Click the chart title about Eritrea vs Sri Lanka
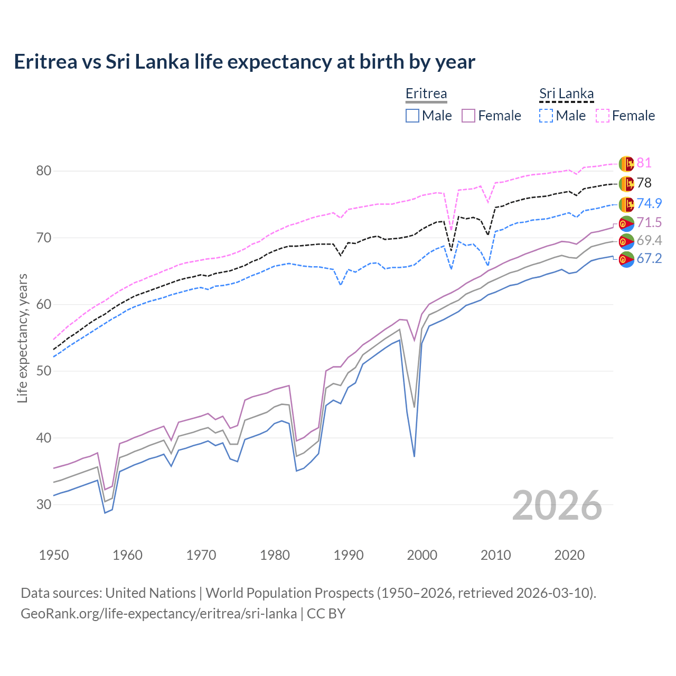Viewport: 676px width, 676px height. [245, 62]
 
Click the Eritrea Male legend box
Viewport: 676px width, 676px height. [412, 116]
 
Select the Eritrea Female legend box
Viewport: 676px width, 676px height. [468, 116]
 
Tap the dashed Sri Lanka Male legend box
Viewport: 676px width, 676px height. [546, 116]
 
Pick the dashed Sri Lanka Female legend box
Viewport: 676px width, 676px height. [603, 116]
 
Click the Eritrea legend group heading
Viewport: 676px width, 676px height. [426, 93]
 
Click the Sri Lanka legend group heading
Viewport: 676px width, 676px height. [566, 93]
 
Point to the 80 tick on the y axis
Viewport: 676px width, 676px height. [43, 171]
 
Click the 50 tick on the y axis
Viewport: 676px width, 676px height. [43, 371]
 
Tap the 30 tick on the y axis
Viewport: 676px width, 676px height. [43, 504]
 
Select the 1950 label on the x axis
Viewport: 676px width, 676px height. [54, 555]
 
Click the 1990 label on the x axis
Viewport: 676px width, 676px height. [349, 555]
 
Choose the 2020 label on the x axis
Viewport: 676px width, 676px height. [569, 555]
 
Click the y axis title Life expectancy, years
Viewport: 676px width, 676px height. [22, 338]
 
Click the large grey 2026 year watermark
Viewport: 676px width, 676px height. [557, 505]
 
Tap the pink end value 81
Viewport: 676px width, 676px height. [644, 163]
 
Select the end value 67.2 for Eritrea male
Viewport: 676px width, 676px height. [649, 258]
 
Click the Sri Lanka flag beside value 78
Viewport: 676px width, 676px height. [626, 184]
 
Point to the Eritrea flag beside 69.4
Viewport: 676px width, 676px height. [626, 241]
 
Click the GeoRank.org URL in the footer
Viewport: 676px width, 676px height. [158, 614]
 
